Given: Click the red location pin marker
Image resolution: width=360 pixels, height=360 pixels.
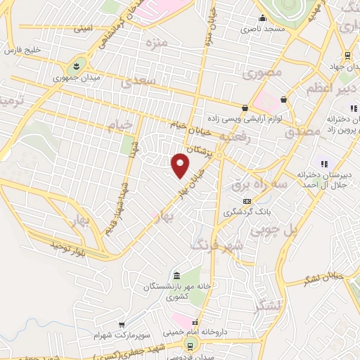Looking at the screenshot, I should coord(180,165).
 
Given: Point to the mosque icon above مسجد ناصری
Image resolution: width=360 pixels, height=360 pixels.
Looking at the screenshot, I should coord(262,18).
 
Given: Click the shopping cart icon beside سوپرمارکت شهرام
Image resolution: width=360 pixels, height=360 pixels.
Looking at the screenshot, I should coord(123,325).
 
